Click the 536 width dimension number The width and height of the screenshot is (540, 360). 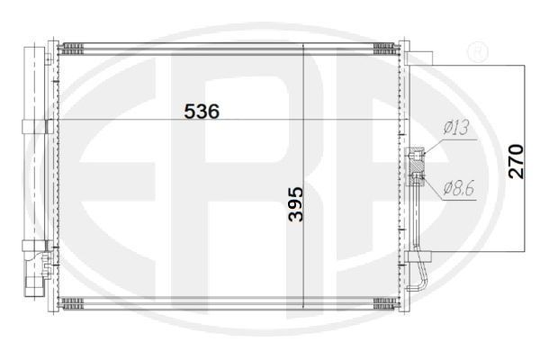[x=202, y=112]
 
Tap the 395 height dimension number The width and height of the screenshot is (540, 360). [x=296, y=204]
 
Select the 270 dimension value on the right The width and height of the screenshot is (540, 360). [x=516, y=162]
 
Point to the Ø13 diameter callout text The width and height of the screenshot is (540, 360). [x=456, y=128]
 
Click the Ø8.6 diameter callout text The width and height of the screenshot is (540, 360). [x=459, y=188]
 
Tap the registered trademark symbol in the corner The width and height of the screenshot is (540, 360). [x=477, y=51]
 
